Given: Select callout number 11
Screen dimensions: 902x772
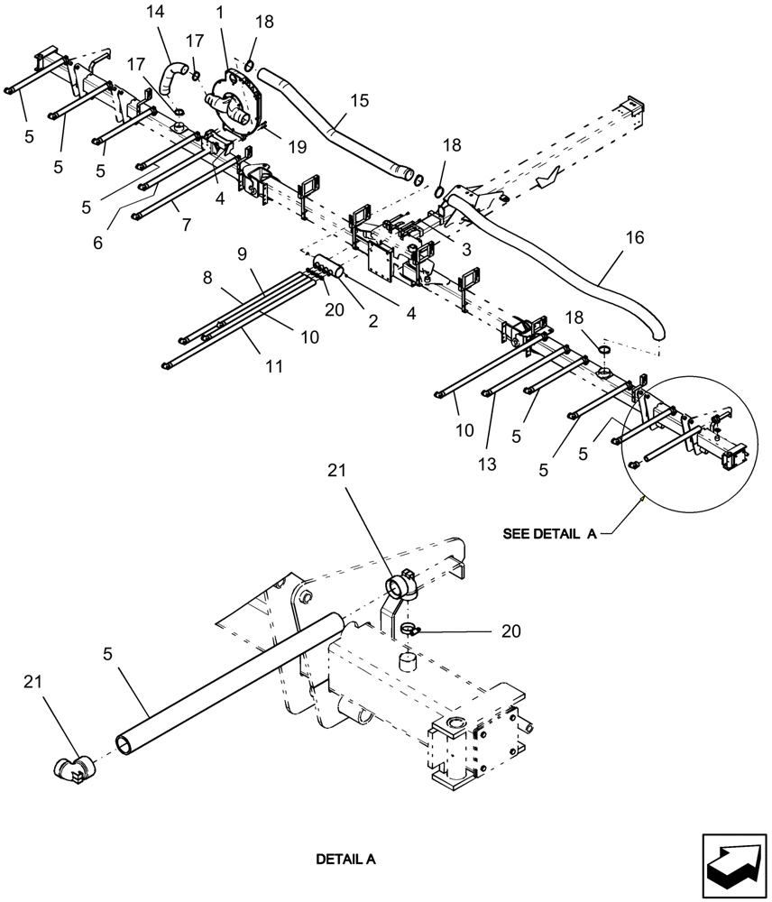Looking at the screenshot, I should (x=274, y=367).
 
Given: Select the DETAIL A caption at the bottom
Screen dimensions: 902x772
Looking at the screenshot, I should (x=345, y=860).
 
